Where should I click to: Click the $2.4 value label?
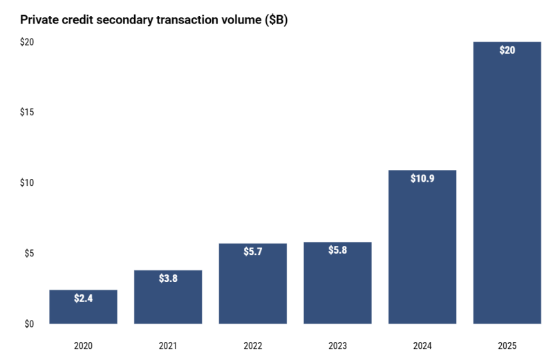click(x=83, y=299)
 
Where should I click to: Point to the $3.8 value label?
click(x=168, y=279)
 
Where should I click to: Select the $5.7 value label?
click(x=253, y=252)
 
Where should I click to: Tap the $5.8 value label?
click(x=337, y=251)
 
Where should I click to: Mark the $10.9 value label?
click(x=422, y=179)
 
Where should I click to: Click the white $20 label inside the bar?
click(x=507, y=50)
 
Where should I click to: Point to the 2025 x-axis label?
click(x=507, y=345)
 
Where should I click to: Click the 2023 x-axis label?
click(x=337, y=345)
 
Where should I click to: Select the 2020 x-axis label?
click(x=83, y=345)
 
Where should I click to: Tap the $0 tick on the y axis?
click(x=28, y=324)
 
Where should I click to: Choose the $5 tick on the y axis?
click(x=28, y=254)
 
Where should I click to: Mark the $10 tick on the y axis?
click(x=26, y=183)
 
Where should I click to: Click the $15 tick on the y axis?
click(x=26, y=113)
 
